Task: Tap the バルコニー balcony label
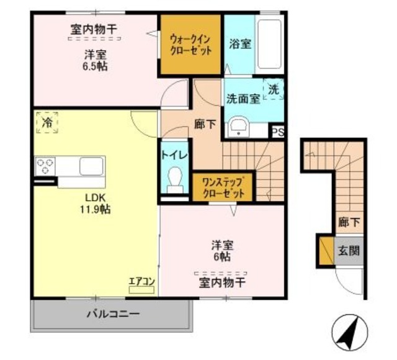112,314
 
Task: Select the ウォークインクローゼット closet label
190,43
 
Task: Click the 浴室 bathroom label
239,44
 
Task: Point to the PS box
277,132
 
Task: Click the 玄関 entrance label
348,252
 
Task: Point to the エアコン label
141,281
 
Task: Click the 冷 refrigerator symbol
47,123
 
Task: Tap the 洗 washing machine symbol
274,89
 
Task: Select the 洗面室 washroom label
243,99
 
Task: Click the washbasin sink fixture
238,128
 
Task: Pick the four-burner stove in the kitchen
46,166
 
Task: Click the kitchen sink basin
91,166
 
